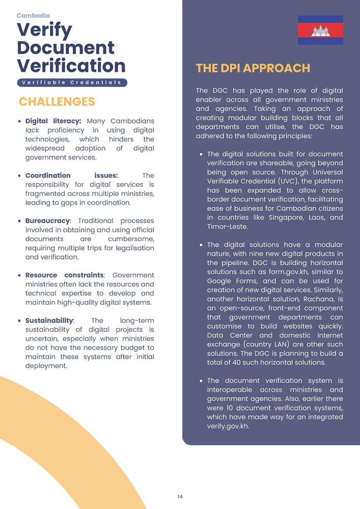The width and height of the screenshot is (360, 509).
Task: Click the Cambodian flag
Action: [320, 30]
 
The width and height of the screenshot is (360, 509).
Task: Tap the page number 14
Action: [180, 497]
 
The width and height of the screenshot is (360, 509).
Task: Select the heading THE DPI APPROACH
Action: [253, 68]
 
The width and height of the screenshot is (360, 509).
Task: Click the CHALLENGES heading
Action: [57, 101]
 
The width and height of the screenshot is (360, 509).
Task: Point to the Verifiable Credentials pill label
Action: [72, 82]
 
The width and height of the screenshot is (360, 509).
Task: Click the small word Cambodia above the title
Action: [33, 16]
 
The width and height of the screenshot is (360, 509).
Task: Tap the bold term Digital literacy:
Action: [53, 121]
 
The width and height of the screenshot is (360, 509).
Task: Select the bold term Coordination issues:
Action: [71, 176]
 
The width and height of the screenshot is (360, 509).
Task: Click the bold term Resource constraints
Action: [65, 275]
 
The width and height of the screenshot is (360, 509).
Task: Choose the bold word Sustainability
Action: [49, 321]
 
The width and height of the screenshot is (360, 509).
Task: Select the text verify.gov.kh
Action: [228, 426]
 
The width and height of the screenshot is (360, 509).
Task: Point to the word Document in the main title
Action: [66, 48]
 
